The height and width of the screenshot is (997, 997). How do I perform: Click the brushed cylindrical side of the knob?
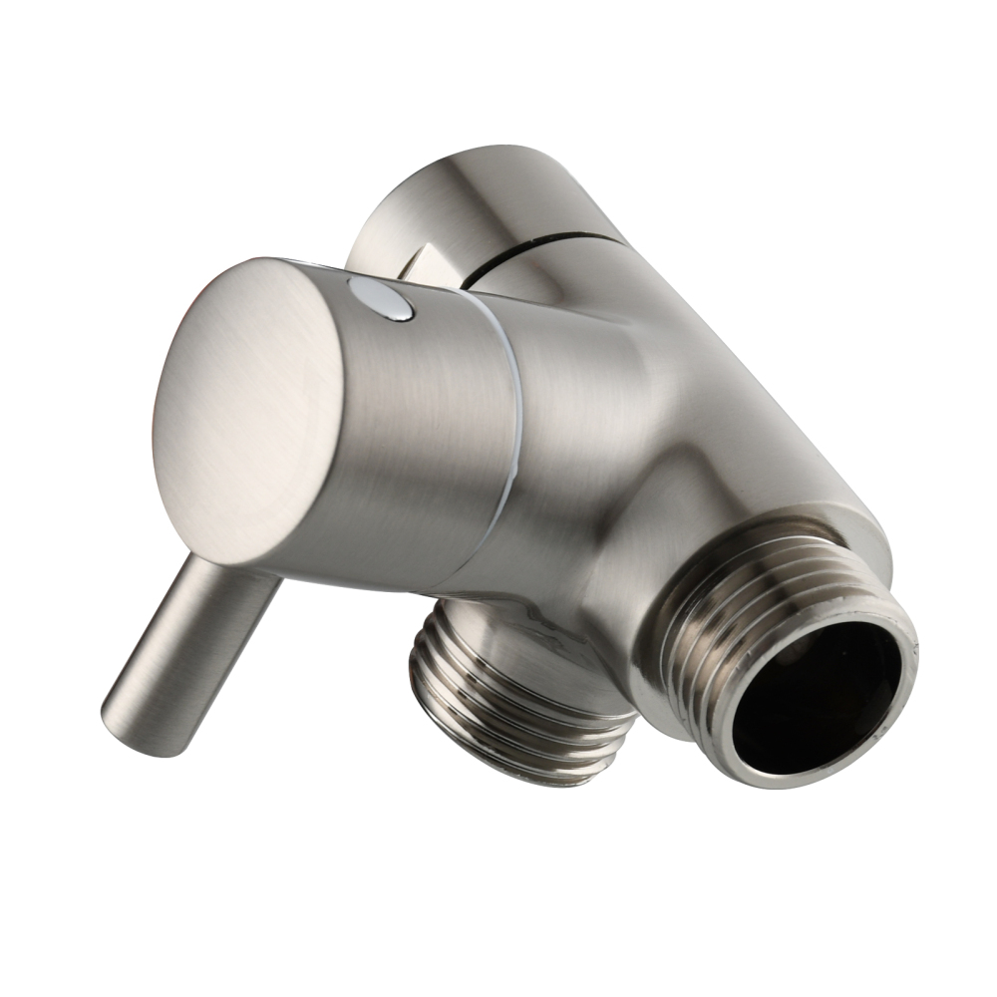[419, 439]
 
